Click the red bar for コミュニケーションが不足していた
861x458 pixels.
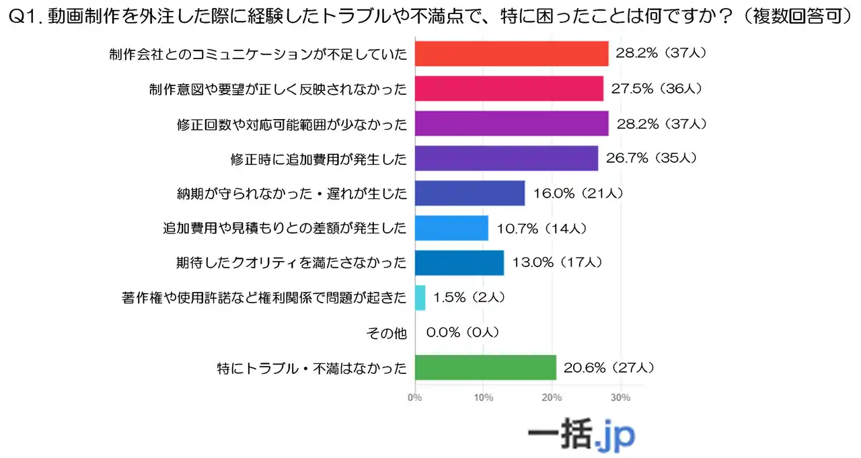[x=511, y=53]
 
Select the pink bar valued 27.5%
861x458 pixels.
[x=509, y=88]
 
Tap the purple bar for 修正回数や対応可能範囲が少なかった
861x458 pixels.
[x=511, y=124]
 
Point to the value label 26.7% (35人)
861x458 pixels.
[x=649, y=159]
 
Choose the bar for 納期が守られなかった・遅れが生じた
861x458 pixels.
[x=470, y=194]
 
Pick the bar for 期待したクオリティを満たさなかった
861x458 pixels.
[x=459, y=263]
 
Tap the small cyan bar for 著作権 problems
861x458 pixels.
[x=420, y=297]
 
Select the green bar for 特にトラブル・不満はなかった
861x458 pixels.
[x=485, y=368]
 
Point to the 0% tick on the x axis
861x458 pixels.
[x=415, y=397]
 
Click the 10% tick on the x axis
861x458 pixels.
[x=484, y=397]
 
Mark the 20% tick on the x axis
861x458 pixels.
[x=552, y=397]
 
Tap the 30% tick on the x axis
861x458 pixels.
[x=620, y=397]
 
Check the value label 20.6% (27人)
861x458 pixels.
[x=607, y=368]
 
